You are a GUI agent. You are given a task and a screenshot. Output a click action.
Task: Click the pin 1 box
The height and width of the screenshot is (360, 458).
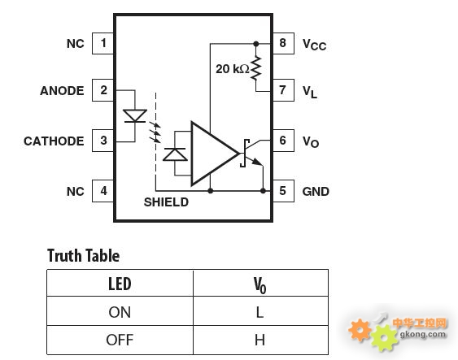103,43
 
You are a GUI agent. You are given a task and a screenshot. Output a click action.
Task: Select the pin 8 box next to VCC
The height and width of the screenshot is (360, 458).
283,43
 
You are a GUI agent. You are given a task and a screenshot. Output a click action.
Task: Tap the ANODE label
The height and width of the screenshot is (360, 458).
62,91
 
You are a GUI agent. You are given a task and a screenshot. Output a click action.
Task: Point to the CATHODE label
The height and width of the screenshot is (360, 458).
54,141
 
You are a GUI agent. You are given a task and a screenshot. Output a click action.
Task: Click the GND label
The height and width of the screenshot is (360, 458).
316,192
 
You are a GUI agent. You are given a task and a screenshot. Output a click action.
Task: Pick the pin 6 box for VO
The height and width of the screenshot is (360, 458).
283,141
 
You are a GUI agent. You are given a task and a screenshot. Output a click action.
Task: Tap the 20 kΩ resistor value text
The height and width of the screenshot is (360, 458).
233,69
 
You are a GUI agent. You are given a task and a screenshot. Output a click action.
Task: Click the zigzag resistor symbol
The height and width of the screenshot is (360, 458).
256,68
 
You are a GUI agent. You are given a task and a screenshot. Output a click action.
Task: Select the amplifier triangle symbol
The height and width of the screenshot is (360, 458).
215,154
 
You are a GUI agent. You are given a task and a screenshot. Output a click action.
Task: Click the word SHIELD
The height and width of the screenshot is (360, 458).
166,202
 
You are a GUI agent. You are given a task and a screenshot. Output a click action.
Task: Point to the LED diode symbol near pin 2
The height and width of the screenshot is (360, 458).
135,116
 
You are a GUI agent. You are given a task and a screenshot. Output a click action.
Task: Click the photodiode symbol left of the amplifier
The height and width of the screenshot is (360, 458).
175,154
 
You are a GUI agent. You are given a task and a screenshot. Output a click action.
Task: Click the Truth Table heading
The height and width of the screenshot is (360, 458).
83,256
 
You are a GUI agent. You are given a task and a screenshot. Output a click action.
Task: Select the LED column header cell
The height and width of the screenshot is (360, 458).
120,284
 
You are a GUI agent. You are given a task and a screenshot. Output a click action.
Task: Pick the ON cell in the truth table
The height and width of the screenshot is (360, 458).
120,311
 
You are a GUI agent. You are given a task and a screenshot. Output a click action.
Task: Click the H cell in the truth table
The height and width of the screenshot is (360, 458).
260,340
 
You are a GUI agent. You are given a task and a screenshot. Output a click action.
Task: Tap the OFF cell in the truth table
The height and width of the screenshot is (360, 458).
120,340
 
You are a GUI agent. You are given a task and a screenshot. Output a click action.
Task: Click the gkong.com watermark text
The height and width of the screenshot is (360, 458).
423,334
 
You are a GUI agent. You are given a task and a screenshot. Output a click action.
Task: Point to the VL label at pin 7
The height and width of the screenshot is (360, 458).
310,92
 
